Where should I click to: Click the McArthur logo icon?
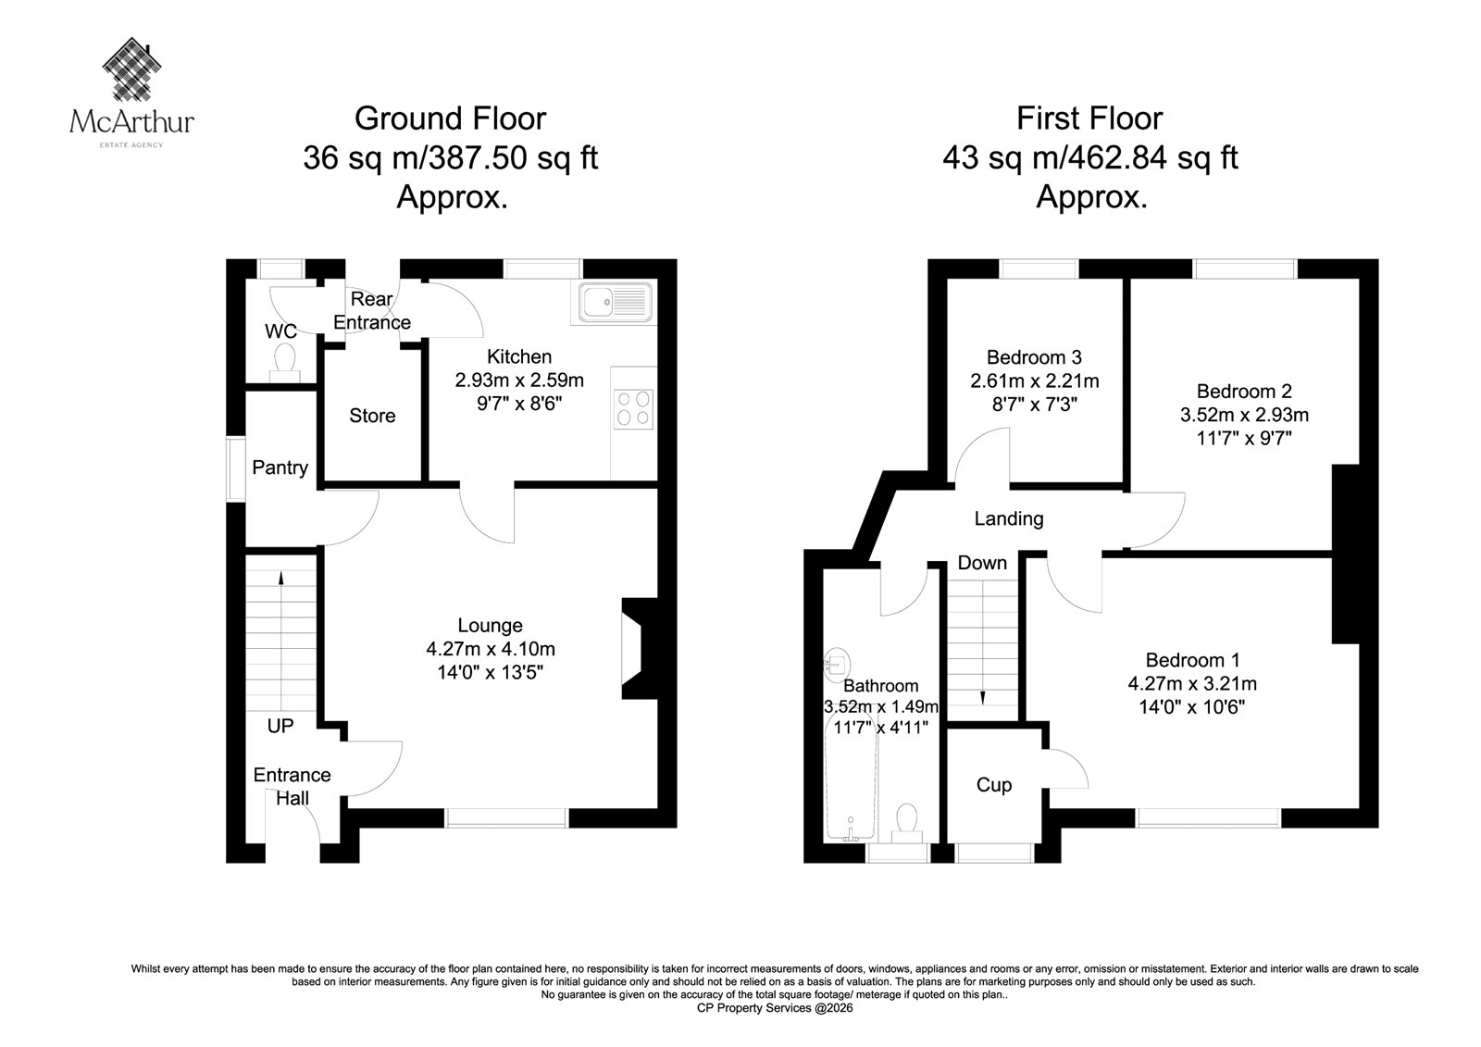[x=132, y=69]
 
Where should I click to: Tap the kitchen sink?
[x=615, y=303]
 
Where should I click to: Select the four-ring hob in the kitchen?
[x=633, y=409]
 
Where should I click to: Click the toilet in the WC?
[x=285, y=363]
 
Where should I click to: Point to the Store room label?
[x=372, y=416]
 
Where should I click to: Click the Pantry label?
[x=280, y=467]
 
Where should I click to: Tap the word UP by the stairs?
[x=280, y=726]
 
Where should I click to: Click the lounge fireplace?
[x=640, y=648]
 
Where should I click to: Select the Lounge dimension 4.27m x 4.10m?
[x=491, y=649]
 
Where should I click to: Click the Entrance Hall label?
[x=292, y=787]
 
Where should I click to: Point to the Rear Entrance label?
[x=371, y=311]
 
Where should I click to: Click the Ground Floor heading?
[x=450, y=118]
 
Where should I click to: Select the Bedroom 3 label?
[x=1034, y=357]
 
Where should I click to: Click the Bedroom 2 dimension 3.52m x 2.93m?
[x=1244, y=415]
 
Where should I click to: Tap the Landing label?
[x=1009, y=518]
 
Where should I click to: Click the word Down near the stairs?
[x=982, y=563]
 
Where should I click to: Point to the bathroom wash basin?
[x=837, y=665]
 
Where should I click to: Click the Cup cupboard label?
[x=994, y=785]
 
